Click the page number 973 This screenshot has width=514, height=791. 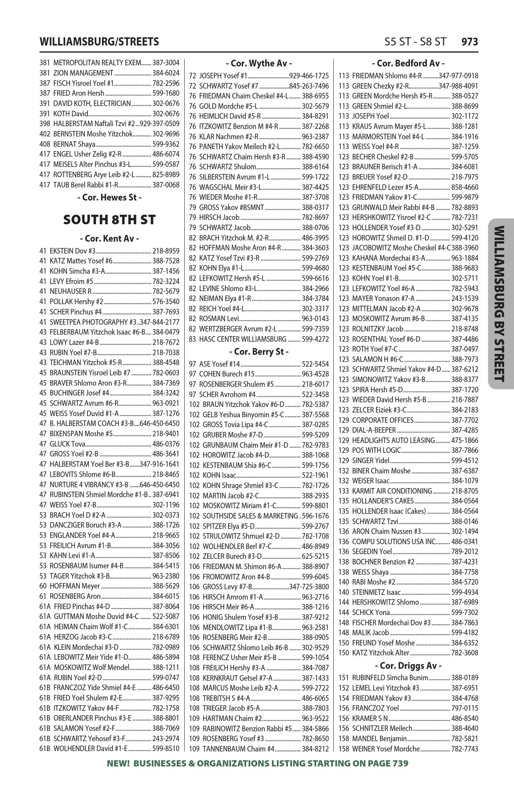coord(470,42)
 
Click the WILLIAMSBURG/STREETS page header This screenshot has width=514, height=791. coord(99,42)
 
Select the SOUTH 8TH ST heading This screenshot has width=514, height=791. coord(110,220)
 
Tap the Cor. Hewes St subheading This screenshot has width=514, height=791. coord(110,197)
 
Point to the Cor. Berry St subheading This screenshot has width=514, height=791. coord(259,352)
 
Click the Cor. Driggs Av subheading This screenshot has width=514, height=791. coord(408,666)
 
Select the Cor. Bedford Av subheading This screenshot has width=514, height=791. coord(408,63)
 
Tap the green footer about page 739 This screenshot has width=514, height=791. coord(257,763)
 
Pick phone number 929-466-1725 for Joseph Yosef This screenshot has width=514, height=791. coord(309,76)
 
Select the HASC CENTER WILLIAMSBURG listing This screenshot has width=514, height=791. coord(243,339)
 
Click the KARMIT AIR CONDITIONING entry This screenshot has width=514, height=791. coord(392,491)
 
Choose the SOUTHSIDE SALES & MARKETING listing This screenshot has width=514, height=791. coord(250,516)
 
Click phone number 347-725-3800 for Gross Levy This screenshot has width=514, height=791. coord(309,587)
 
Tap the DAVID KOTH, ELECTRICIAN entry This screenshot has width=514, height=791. coord(92,104)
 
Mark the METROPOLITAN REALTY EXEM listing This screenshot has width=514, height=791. coord(97,63)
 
